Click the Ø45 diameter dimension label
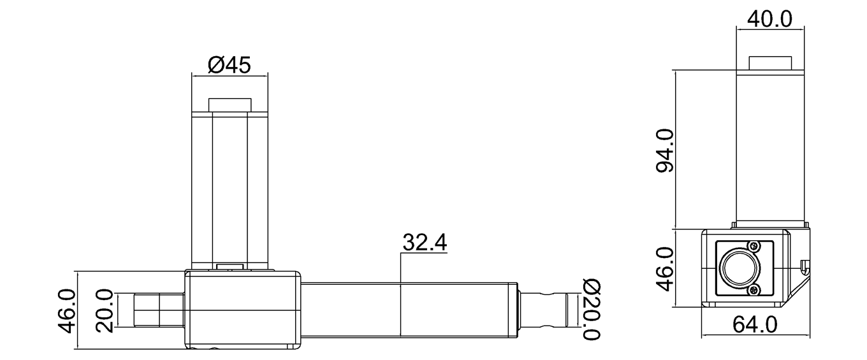click(x=229, y=64)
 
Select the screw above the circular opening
click(x=755, y=246)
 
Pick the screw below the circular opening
click(x=755, y=291)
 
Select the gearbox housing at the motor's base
click(x=242, y=310)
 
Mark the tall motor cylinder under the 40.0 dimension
click(x=769, y=147)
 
